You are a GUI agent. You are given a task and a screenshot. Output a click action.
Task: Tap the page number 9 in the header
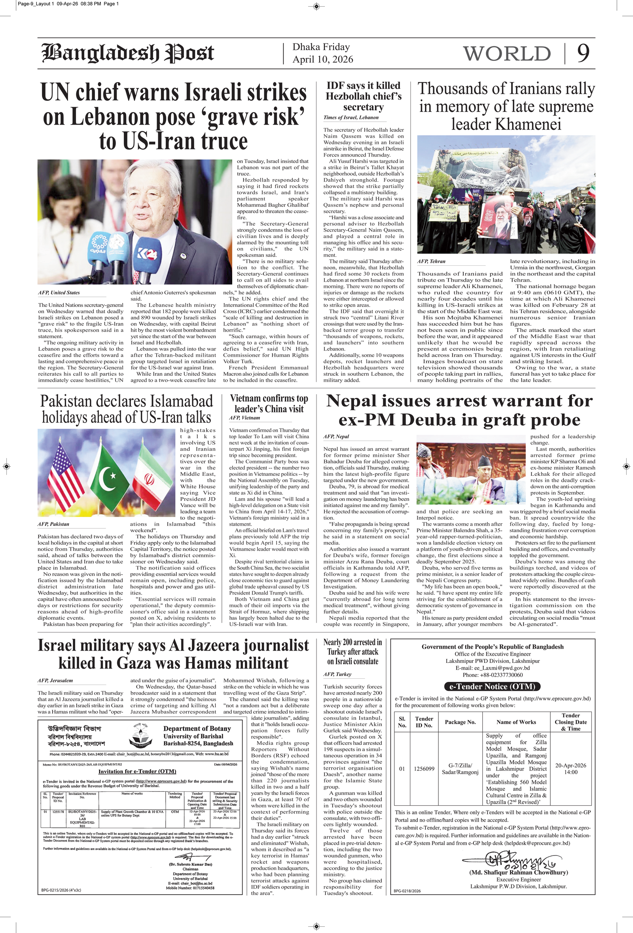click(583, 53)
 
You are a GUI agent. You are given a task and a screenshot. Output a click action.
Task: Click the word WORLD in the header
click(507, 54)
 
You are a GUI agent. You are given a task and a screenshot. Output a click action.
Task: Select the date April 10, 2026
click(322, 59)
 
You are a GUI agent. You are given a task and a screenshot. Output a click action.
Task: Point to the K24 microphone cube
click(148, 254)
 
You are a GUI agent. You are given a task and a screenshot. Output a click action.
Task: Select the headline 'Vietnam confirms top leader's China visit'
click(269, 403)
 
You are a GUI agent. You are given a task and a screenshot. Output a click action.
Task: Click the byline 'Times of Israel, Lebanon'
click(351, 117)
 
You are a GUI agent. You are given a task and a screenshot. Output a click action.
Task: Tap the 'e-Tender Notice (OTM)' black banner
click(492, 687)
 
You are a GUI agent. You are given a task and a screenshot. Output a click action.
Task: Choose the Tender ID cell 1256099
click(424, 769)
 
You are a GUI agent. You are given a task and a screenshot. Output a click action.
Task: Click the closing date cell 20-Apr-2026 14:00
click(570, 769)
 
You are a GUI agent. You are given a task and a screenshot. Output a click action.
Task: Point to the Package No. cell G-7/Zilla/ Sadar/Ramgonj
click(460, 769)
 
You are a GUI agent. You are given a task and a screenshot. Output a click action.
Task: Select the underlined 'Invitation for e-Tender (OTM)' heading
click(137, 771)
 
